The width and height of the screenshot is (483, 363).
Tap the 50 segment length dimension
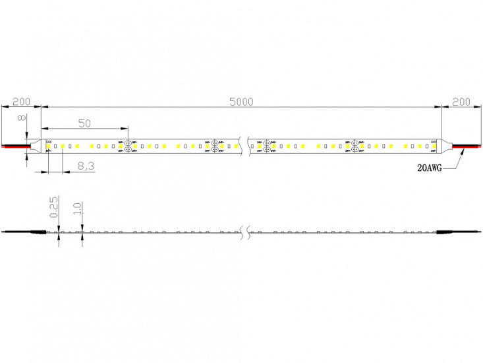(x=84, y=123)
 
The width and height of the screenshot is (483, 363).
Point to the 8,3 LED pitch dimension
(x=86, y=166)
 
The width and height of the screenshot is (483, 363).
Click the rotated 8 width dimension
(x=21, y=119)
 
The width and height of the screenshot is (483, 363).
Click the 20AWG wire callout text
(x=431, y=169)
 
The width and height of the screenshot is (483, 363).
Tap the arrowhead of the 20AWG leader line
(x=465, y=150)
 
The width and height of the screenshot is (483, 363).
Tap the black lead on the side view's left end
(x=24, y=232)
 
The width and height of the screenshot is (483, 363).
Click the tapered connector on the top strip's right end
(x=445, y=145)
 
